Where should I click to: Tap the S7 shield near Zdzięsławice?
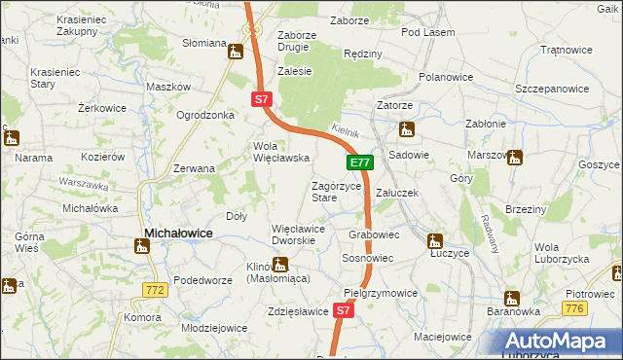tap(342, 310)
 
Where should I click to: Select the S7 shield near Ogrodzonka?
tap(260, 99)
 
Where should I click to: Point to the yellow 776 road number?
tap(575, 307)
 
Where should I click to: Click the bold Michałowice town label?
tap(179, 233)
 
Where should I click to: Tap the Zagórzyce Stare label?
tap(337, 191)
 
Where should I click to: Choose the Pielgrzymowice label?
tap(381, 292)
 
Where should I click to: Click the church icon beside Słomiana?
tap(235, 51)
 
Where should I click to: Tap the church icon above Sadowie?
tap(406, 128)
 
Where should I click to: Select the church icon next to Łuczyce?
tap(435, 240)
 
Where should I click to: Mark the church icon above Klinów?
tap(280, 263)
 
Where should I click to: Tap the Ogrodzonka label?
tap(205, 115)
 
